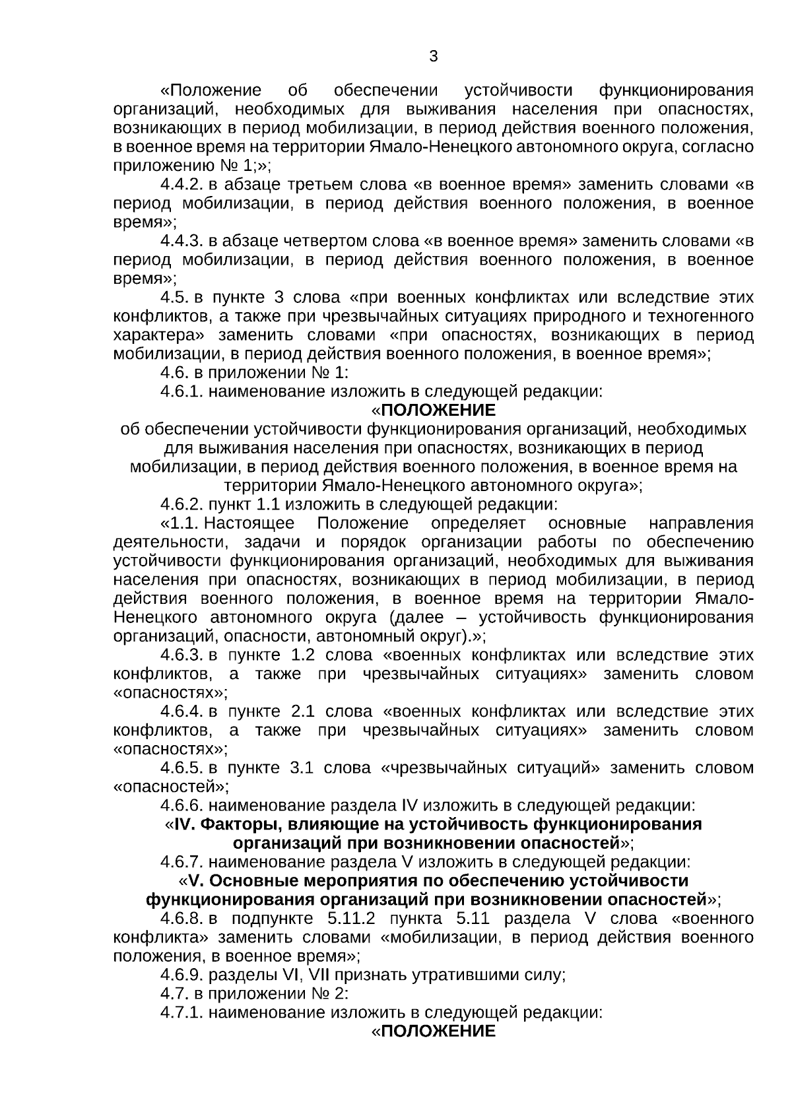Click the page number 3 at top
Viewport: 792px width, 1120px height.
[x=433, y=57]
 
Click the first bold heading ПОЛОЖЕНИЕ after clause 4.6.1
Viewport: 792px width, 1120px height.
[x=438, y=411]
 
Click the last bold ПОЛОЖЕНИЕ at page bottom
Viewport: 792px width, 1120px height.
[x=438, y=1032]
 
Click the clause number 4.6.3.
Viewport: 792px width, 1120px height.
[x=182, y=655]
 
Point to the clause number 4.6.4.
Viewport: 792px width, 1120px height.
[x=182, y=712]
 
